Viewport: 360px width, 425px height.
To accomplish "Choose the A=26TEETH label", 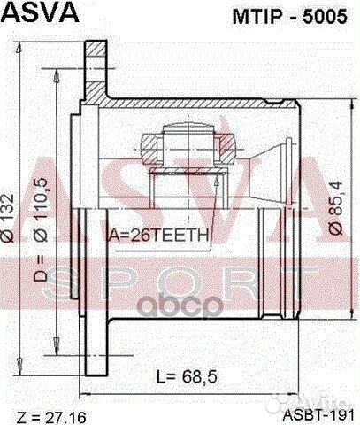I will tap(157, 235).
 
